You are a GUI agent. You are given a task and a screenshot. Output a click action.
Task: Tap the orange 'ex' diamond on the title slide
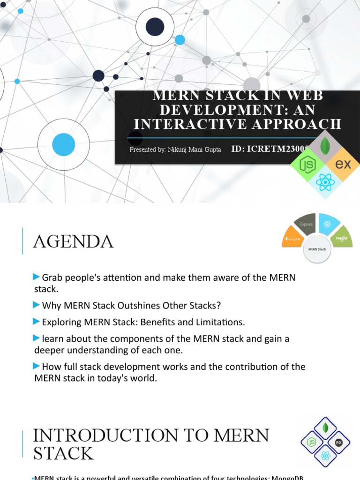coord(345,165)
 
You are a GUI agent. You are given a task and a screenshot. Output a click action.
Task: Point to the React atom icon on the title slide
coord(325,182)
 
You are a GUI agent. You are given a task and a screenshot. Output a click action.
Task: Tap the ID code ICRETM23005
coord(270,149)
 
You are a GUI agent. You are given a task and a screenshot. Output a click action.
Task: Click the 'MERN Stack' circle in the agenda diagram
coord(317,249)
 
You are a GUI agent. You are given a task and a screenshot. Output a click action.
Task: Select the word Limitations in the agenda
coord(222,322)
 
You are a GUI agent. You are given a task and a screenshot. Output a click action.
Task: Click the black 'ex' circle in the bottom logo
coord(339,442)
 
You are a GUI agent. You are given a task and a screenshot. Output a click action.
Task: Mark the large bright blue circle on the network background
coord(63,144)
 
